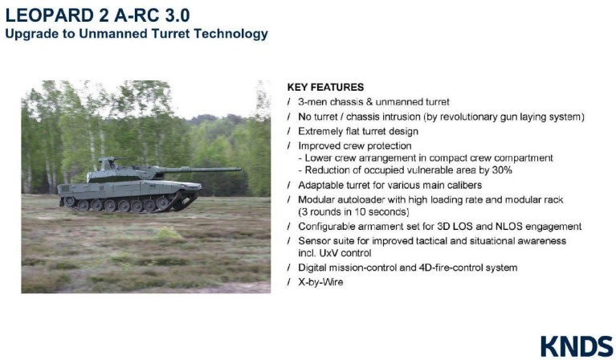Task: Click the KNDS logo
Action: (x=576, y=346)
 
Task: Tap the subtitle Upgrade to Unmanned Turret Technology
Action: (x=137, y=35)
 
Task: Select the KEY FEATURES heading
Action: (x=324, y=87)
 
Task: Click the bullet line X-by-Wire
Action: (x=320, y=281)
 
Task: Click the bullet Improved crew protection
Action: (x=354, y=145)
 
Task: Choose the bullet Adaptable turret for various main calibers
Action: (x=390, y=185)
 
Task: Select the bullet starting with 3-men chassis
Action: (x=373, y=102)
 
